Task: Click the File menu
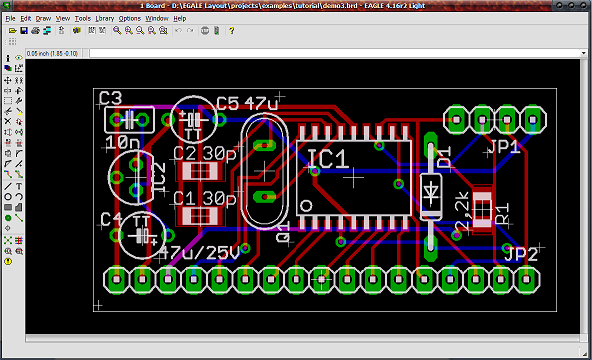coord(13,18)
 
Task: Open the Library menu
coord(104,18)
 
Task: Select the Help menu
coord(180,18)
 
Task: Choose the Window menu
coord(157,18)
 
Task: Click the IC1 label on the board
coord(327,159)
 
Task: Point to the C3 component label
coord(110,98)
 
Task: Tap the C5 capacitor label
coord(226,103)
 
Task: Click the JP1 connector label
coord(505,146)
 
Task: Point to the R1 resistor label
coord(502,212)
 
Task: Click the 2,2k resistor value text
coord(462,215)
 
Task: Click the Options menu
coord(130,18)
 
